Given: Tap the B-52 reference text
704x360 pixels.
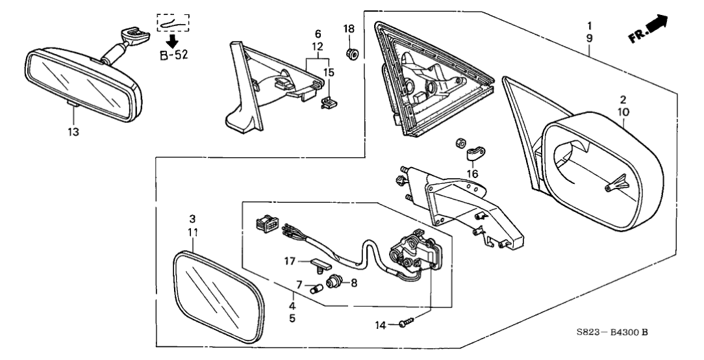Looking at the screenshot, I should (x=173, y=55).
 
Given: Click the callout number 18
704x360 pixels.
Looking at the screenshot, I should (x=349, y=29).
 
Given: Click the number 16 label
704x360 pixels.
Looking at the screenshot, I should (x=471, y=174).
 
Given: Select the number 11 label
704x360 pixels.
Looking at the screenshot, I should (x=194, y=231).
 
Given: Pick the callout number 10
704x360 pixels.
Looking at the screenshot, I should (x=622, y=112).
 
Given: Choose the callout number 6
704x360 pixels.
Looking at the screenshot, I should (x=318, y=33).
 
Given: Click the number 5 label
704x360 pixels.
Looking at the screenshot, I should (x=292, y=318).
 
